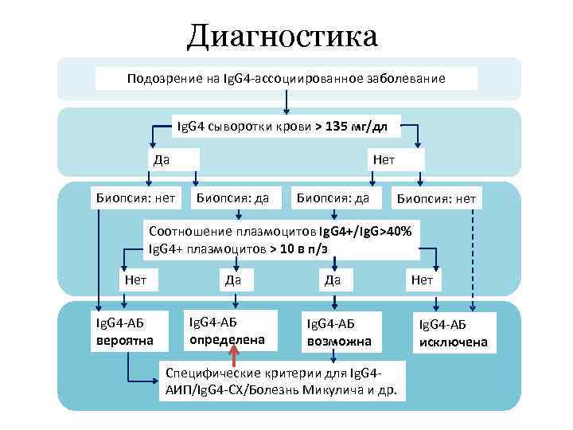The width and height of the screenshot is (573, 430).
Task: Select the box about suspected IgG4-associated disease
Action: (286, 79)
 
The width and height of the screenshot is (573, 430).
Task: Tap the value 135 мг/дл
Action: (351, 126)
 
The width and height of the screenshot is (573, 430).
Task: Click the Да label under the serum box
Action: (162, 159)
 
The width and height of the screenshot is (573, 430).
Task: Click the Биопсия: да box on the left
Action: (232, 197)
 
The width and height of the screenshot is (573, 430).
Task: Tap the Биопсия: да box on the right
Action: (333, 197)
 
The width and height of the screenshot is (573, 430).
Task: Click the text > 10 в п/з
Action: (298, 248)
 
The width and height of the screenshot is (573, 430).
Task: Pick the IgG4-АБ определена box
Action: (231, 330)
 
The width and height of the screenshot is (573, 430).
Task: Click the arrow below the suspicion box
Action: (286, 102)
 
